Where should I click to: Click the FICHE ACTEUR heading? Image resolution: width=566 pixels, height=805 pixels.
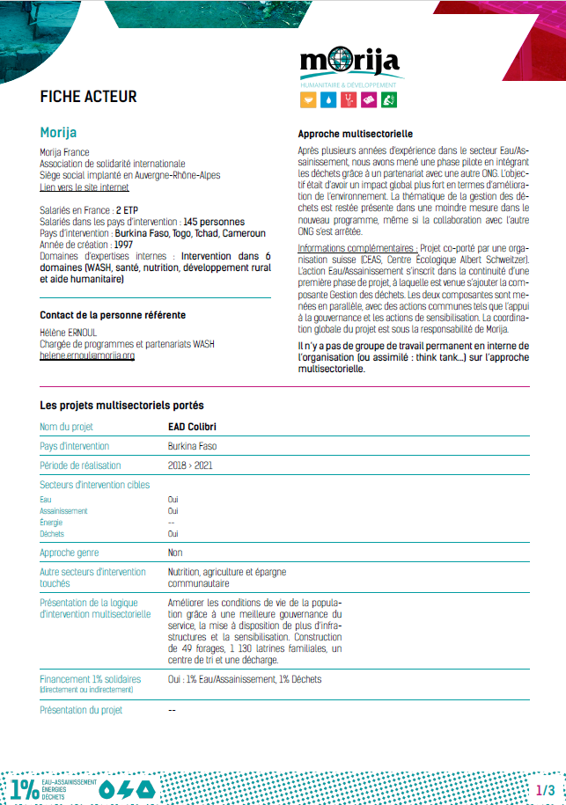[x=88, y=97]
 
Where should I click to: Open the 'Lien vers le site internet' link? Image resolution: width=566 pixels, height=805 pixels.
[x=85, y=187]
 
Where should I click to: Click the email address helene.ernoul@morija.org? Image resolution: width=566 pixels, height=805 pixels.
[x=87, y=356]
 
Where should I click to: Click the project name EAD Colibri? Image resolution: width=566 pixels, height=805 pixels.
[x=192, y=428]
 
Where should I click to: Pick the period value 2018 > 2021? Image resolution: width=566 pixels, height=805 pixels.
[x=190, y=465]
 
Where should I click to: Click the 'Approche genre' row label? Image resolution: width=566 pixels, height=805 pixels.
[x=70, y=553]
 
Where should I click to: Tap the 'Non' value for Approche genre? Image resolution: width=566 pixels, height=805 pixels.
[x=175, y=553]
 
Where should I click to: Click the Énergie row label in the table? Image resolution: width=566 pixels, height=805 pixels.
[x=51, y=522]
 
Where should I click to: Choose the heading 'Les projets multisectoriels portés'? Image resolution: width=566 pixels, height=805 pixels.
[x=121, y=406]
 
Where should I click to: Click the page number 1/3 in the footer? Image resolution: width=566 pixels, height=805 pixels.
[x=546, y=790]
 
